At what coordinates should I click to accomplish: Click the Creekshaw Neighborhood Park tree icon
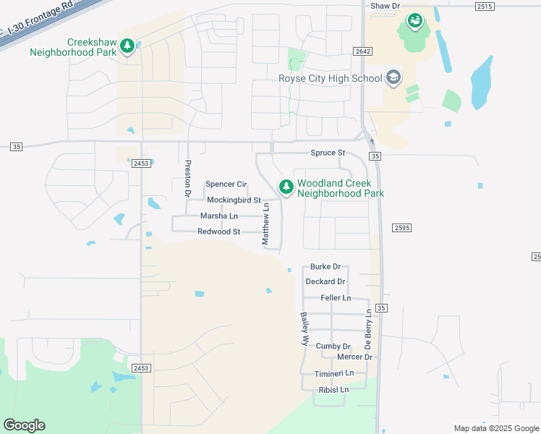(127, 46)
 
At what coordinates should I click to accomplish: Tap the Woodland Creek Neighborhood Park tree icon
(286, 187)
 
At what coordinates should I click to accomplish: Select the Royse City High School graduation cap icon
(393, 77)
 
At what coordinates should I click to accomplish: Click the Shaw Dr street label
(385, 6)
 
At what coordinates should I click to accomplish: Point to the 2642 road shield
(363, 51)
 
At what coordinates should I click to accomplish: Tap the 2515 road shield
(485, 7)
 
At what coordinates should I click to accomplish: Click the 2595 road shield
(401, 227)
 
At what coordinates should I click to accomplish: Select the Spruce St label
(328, 153)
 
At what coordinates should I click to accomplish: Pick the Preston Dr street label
(187, 179)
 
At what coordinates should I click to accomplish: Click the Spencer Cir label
(226, 184)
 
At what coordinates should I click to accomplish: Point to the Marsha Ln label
(218, 216)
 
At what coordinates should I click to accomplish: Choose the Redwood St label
(218, 231)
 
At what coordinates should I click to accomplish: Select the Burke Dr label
(325, 267)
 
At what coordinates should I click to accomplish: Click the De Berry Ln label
(369, 328)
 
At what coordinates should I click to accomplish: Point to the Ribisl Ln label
(333, 390)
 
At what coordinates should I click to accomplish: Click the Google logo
(24, 425)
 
